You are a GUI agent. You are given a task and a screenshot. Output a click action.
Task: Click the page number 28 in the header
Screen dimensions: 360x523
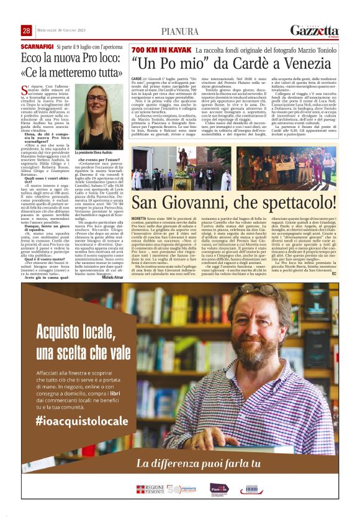click(27, 30)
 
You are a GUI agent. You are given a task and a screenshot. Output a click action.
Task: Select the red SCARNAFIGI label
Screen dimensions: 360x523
click(37, 47)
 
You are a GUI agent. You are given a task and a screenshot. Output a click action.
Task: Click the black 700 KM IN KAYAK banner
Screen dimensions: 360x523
click(161, 48)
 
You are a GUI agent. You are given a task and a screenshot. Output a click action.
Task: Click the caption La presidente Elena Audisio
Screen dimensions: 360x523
click(94, 152)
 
